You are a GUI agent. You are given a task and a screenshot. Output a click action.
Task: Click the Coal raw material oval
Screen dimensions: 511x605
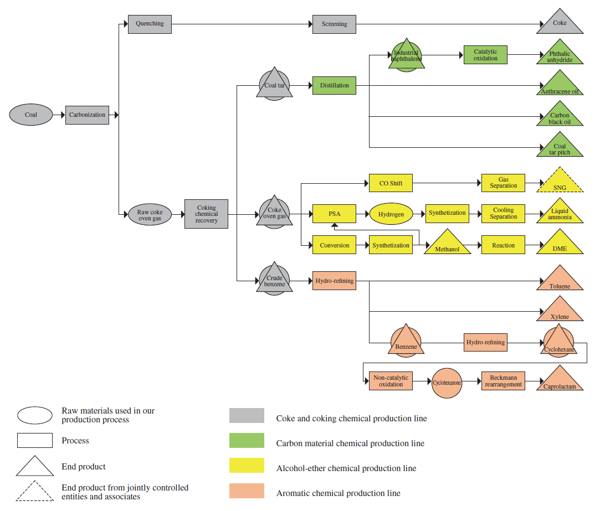[x=30, y=115]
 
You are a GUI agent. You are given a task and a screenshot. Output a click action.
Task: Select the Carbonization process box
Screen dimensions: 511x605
[x=87, y=115]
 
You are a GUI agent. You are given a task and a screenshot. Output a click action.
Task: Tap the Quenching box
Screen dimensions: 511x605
[x=150, y=24]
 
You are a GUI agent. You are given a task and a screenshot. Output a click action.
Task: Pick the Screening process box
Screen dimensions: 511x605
[x=334, y=24]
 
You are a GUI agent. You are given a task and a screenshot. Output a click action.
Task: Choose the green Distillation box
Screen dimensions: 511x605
[x=334, y=85]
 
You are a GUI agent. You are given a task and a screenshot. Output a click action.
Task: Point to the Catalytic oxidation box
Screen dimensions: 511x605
[x=485, y=55]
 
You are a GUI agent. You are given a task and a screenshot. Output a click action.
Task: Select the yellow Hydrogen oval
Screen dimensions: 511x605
[x=391, y=214]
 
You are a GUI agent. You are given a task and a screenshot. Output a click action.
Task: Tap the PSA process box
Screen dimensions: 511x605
[x=334, y=214]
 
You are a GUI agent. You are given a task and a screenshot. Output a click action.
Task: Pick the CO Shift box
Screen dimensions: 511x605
[x=391, y=183]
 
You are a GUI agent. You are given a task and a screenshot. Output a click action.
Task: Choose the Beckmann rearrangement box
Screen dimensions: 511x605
[x=503, y=381]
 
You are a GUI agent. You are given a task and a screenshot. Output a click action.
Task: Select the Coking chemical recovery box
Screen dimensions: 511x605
[x=206, y=214]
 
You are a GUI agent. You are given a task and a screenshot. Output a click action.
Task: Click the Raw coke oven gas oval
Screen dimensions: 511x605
[x=150, y=215]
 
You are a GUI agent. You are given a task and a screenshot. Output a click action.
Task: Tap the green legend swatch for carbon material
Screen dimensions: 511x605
[x=247, y=441]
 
